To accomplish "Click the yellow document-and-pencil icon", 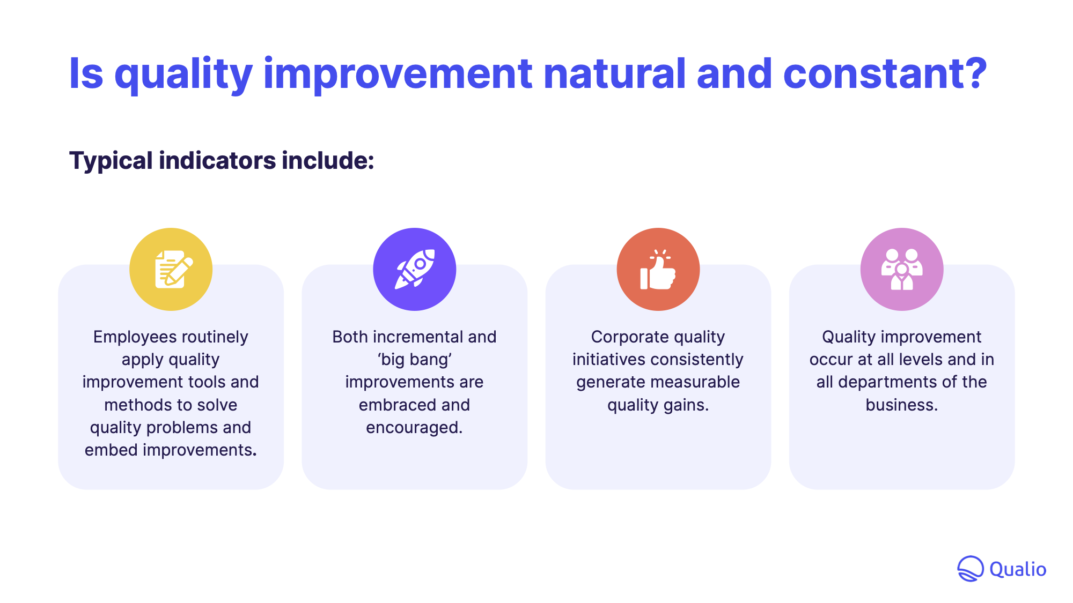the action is coord(171,269).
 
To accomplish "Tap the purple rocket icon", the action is coord(414,269).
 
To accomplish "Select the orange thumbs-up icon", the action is coord(658,269).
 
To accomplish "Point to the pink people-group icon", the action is coord(902,269).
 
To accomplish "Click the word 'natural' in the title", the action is coord(614,73).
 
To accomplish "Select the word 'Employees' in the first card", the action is coord(131,337).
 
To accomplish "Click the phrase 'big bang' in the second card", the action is coord(414,360).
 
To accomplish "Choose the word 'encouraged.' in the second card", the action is coord(414,428).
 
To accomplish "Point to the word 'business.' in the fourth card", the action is coord(902,405).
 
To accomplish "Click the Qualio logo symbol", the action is coord(970,569).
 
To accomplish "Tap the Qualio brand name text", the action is coord(1018,569).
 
